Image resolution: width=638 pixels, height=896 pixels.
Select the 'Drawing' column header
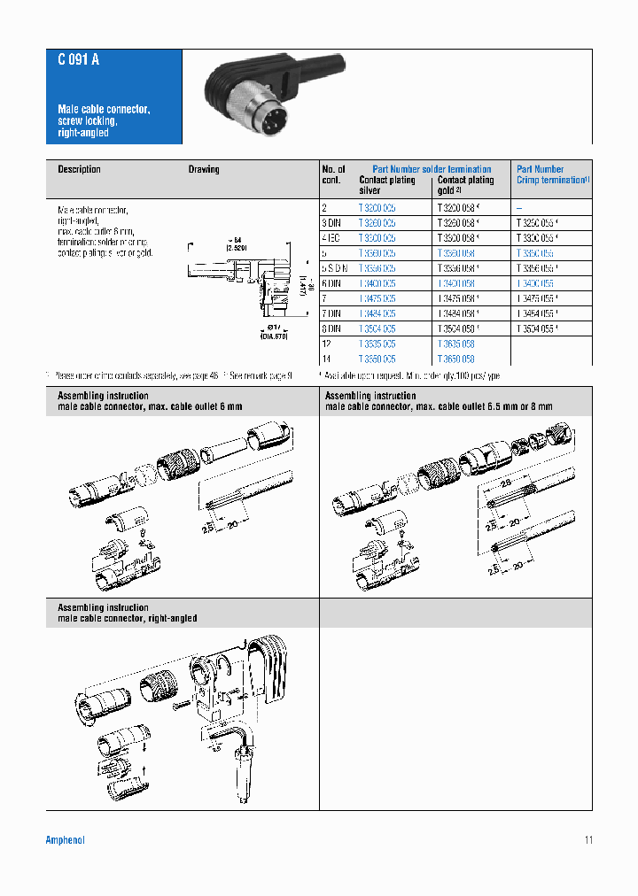204,169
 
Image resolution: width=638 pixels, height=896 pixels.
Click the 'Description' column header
79,169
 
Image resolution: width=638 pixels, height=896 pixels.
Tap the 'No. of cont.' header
334,174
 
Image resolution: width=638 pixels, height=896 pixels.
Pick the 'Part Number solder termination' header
432,169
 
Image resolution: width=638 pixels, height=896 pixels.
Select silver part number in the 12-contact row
377,344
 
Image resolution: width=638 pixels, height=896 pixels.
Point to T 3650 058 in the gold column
455,359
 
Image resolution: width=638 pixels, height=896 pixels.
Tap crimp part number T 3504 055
538,328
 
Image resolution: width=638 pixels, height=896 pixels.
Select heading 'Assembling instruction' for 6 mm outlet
103,396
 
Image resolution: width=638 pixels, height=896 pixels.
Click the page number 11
588,839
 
